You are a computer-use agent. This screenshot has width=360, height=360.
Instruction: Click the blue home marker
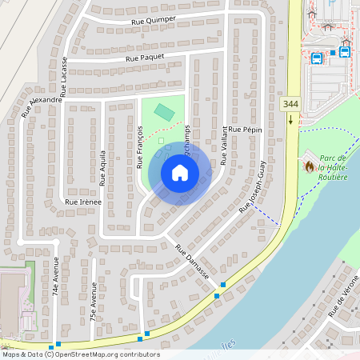180,173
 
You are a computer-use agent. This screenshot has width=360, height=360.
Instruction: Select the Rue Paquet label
144,57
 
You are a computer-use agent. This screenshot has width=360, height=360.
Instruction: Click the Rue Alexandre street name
42,106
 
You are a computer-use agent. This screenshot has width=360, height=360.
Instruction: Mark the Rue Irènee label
82,202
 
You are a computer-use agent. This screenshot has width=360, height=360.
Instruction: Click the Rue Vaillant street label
224,147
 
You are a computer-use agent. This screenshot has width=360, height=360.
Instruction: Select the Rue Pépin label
245,129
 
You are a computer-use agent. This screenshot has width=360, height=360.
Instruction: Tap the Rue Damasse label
192,262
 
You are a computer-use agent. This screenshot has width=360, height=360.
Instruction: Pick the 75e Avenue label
94,302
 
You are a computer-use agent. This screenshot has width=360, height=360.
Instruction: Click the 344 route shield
290,104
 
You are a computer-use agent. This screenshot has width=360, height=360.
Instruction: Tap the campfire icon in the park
310,166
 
